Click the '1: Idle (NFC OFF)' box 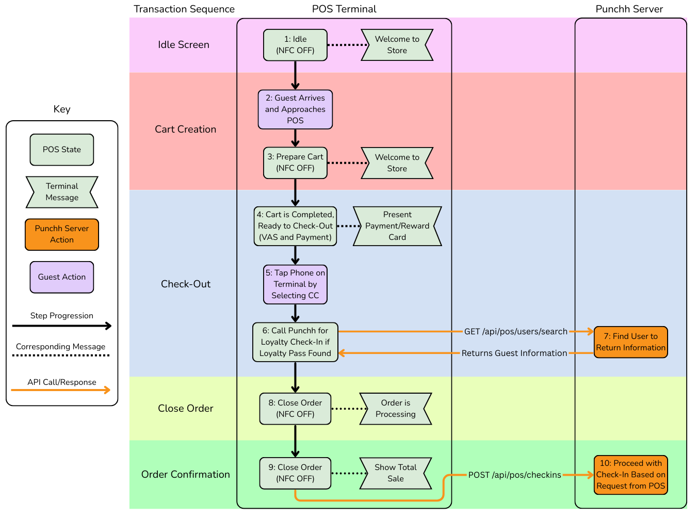click(295, 45)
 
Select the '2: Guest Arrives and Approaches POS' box click(295, 109)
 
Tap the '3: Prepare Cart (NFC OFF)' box click(295, 163)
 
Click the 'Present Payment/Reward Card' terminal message click(397, 226)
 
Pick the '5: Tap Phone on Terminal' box click(295, 284)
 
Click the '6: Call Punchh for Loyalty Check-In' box click(295, 342)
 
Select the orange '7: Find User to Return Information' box click(630, 342)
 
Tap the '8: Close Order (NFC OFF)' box click(295, 409)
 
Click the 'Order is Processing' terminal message click(395, 409)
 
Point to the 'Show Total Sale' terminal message click(395, 473)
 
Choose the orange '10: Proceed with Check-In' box click(630, 475)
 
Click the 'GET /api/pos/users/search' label click(515, 332)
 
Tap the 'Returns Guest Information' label click(514, 353)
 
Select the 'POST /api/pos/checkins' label click(514, 475)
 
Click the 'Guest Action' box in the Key click(62, 277)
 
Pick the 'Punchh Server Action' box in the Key click(62, 234)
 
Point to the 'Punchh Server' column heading click(629, 9)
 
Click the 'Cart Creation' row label click(185, 129)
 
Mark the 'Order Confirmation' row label click(185, 475)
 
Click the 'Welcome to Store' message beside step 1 click(397, 45)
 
